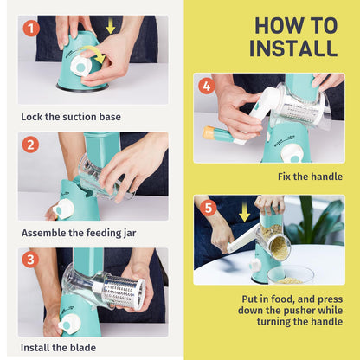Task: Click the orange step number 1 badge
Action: click(31, 28)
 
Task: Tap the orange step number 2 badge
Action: click(30, 145)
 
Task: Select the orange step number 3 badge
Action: click(30, 259)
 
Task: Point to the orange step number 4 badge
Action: click(207, 86)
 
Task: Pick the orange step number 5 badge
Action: click(208, 208)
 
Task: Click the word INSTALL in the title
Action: click(293, 48)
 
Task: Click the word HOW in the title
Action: click(273, 26)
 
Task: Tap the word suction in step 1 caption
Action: click(80, 117)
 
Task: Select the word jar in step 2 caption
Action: click(130, 233)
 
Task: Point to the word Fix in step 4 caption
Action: click(285, 177)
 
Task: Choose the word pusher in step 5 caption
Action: click(299, 311)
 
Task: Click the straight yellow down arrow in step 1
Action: click(110, 26)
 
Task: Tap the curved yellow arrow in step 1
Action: click(93, 53)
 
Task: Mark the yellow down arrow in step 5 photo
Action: click(245, 211)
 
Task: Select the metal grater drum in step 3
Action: click(124, 290)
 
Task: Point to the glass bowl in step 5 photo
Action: click(290, 274)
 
